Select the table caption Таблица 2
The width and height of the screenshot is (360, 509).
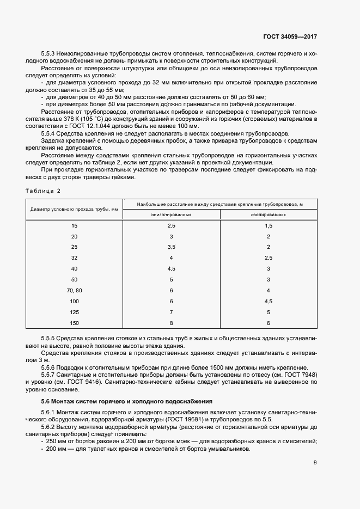[43, 191]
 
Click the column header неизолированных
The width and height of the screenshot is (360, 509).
[172, 214]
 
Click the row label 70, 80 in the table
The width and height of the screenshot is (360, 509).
[75, 291]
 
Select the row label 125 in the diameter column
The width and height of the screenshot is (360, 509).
[75, 312]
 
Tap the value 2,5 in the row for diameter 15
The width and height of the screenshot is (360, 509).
[172, 225]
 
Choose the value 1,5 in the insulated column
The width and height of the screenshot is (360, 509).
[269, 225]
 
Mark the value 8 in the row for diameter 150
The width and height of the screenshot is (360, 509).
[172, 323]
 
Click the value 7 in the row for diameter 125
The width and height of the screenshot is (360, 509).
[172, 312]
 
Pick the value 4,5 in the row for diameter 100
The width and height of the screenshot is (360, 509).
[269, 302]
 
